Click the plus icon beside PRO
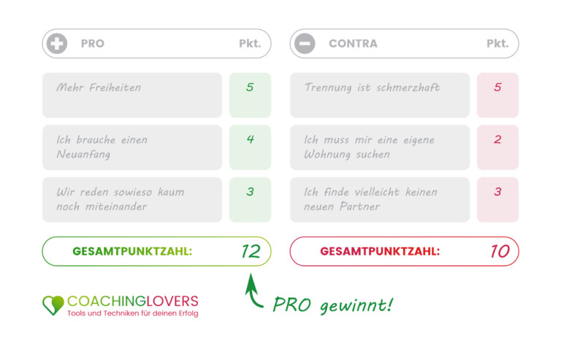[56, 44]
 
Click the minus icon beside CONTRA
[305, 44]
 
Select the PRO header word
[93, 44]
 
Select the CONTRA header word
[354, 44]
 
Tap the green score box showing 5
[250, 95]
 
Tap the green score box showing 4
[250, 147]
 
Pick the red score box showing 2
[497, 147]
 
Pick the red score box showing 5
[497, 95]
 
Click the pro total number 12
[251, 252]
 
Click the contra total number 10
[499, 252]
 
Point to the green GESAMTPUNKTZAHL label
[132, 252]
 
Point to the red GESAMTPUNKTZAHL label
[380, 252]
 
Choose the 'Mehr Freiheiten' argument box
[132, 95]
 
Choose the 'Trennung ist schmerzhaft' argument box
[380, 95]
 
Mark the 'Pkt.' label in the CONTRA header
[497, 44]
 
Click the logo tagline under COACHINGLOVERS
[132, 313]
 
